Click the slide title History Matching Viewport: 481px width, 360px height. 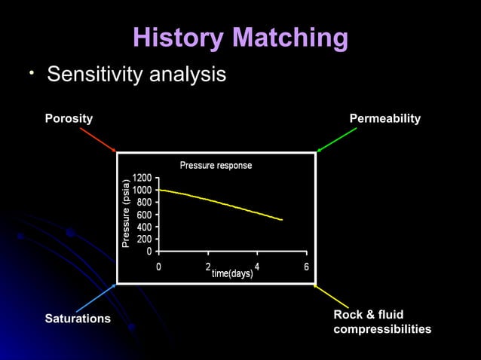click(x=240, y=38)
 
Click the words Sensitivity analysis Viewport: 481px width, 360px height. click(x=136, y=75)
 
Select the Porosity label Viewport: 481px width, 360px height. click(x=69, y=119)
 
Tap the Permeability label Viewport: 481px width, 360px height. click(x=384, y=119)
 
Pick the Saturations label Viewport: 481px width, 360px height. click(x=78, y=319)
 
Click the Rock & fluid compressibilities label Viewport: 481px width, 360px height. click(x=382, y=322)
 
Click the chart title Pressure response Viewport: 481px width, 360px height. click(x=216, y=165)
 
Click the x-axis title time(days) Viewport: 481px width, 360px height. click(x=232, y=273)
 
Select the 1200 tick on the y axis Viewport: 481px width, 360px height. click(x=142, y=178)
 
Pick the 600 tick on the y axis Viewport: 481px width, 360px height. click(x=144, y=215)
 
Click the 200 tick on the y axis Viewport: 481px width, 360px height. click(x=144, y=239)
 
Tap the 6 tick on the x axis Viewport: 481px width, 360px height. click(x=306, y=267)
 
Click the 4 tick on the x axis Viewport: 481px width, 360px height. click(x=257, y=266)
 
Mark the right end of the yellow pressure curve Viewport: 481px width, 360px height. click(x=281, y=220)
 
